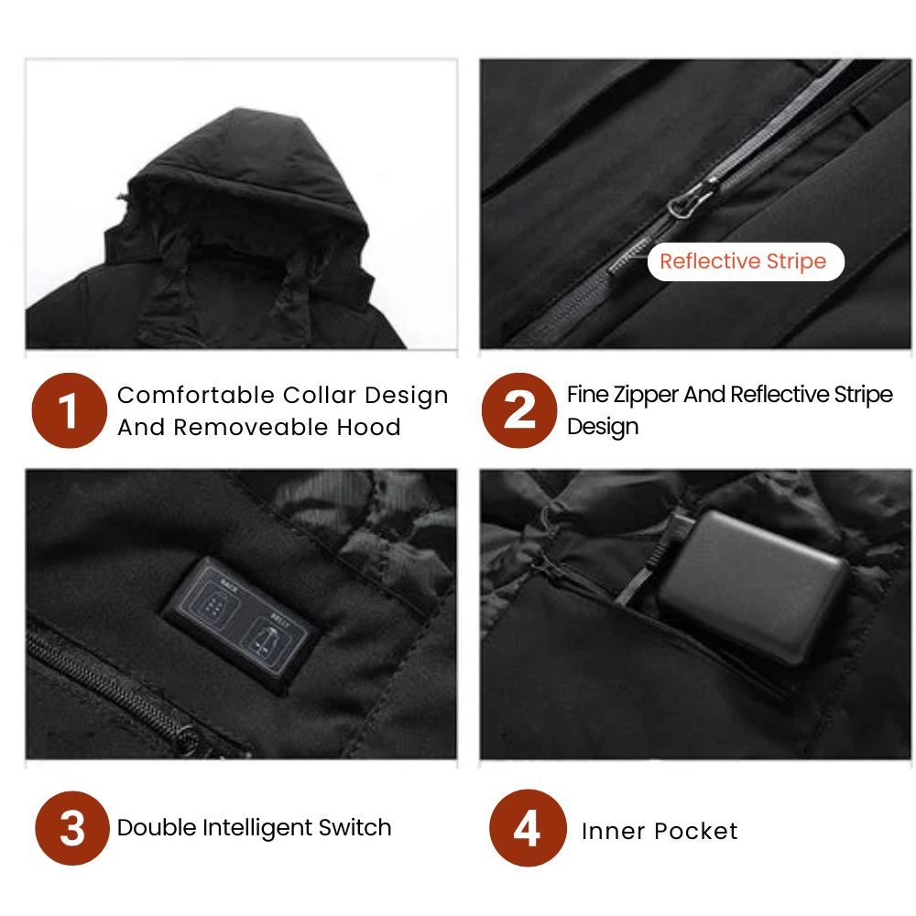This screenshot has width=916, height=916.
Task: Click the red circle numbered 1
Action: tap(70, 410)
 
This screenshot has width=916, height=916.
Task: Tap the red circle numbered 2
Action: tap(519, 410)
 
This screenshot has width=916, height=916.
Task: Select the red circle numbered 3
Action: tap(72, 828)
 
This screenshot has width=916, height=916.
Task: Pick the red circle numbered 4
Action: tap(527, 828)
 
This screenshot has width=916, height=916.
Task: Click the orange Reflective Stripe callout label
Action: tap(743, 262)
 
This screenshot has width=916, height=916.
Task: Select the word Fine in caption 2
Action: tap(584, 395)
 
